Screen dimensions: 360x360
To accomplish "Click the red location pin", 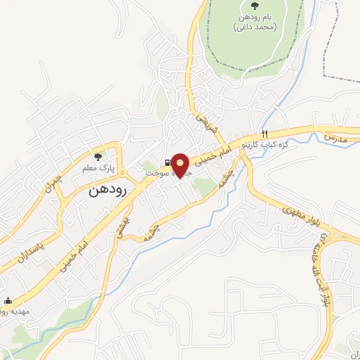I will tap(181, 165).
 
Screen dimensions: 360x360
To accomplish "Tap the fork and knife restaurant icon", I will tap(264, 134).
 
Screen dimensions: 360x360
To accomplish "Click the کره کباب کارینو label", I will tap(267, 144).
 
